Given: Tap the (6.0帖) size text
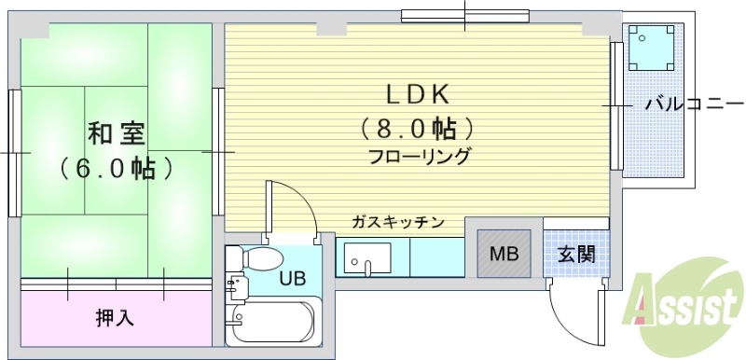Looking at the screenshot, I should click(116, 169).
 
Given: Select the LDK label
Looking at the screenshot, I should click(419, 93).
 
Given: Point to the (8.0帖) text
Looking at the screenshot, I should click(419, 127).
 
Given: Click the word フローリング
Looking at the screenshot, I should click(419, 156).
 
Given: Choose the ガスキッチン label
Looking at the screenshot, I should click(397, 222).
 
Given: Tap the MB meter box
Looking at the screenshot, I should click(504, 254).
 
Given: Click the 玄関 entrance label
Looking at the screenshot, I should click(577, 254).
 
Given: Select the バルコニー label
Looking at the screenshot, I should click(695, 104).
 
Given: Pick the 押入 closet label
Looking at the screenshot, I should click(115, 317).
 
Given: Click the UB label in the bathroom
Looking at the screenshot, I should click(293, 278).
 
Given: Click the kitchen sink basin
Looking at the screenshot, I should click(367, 257).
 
